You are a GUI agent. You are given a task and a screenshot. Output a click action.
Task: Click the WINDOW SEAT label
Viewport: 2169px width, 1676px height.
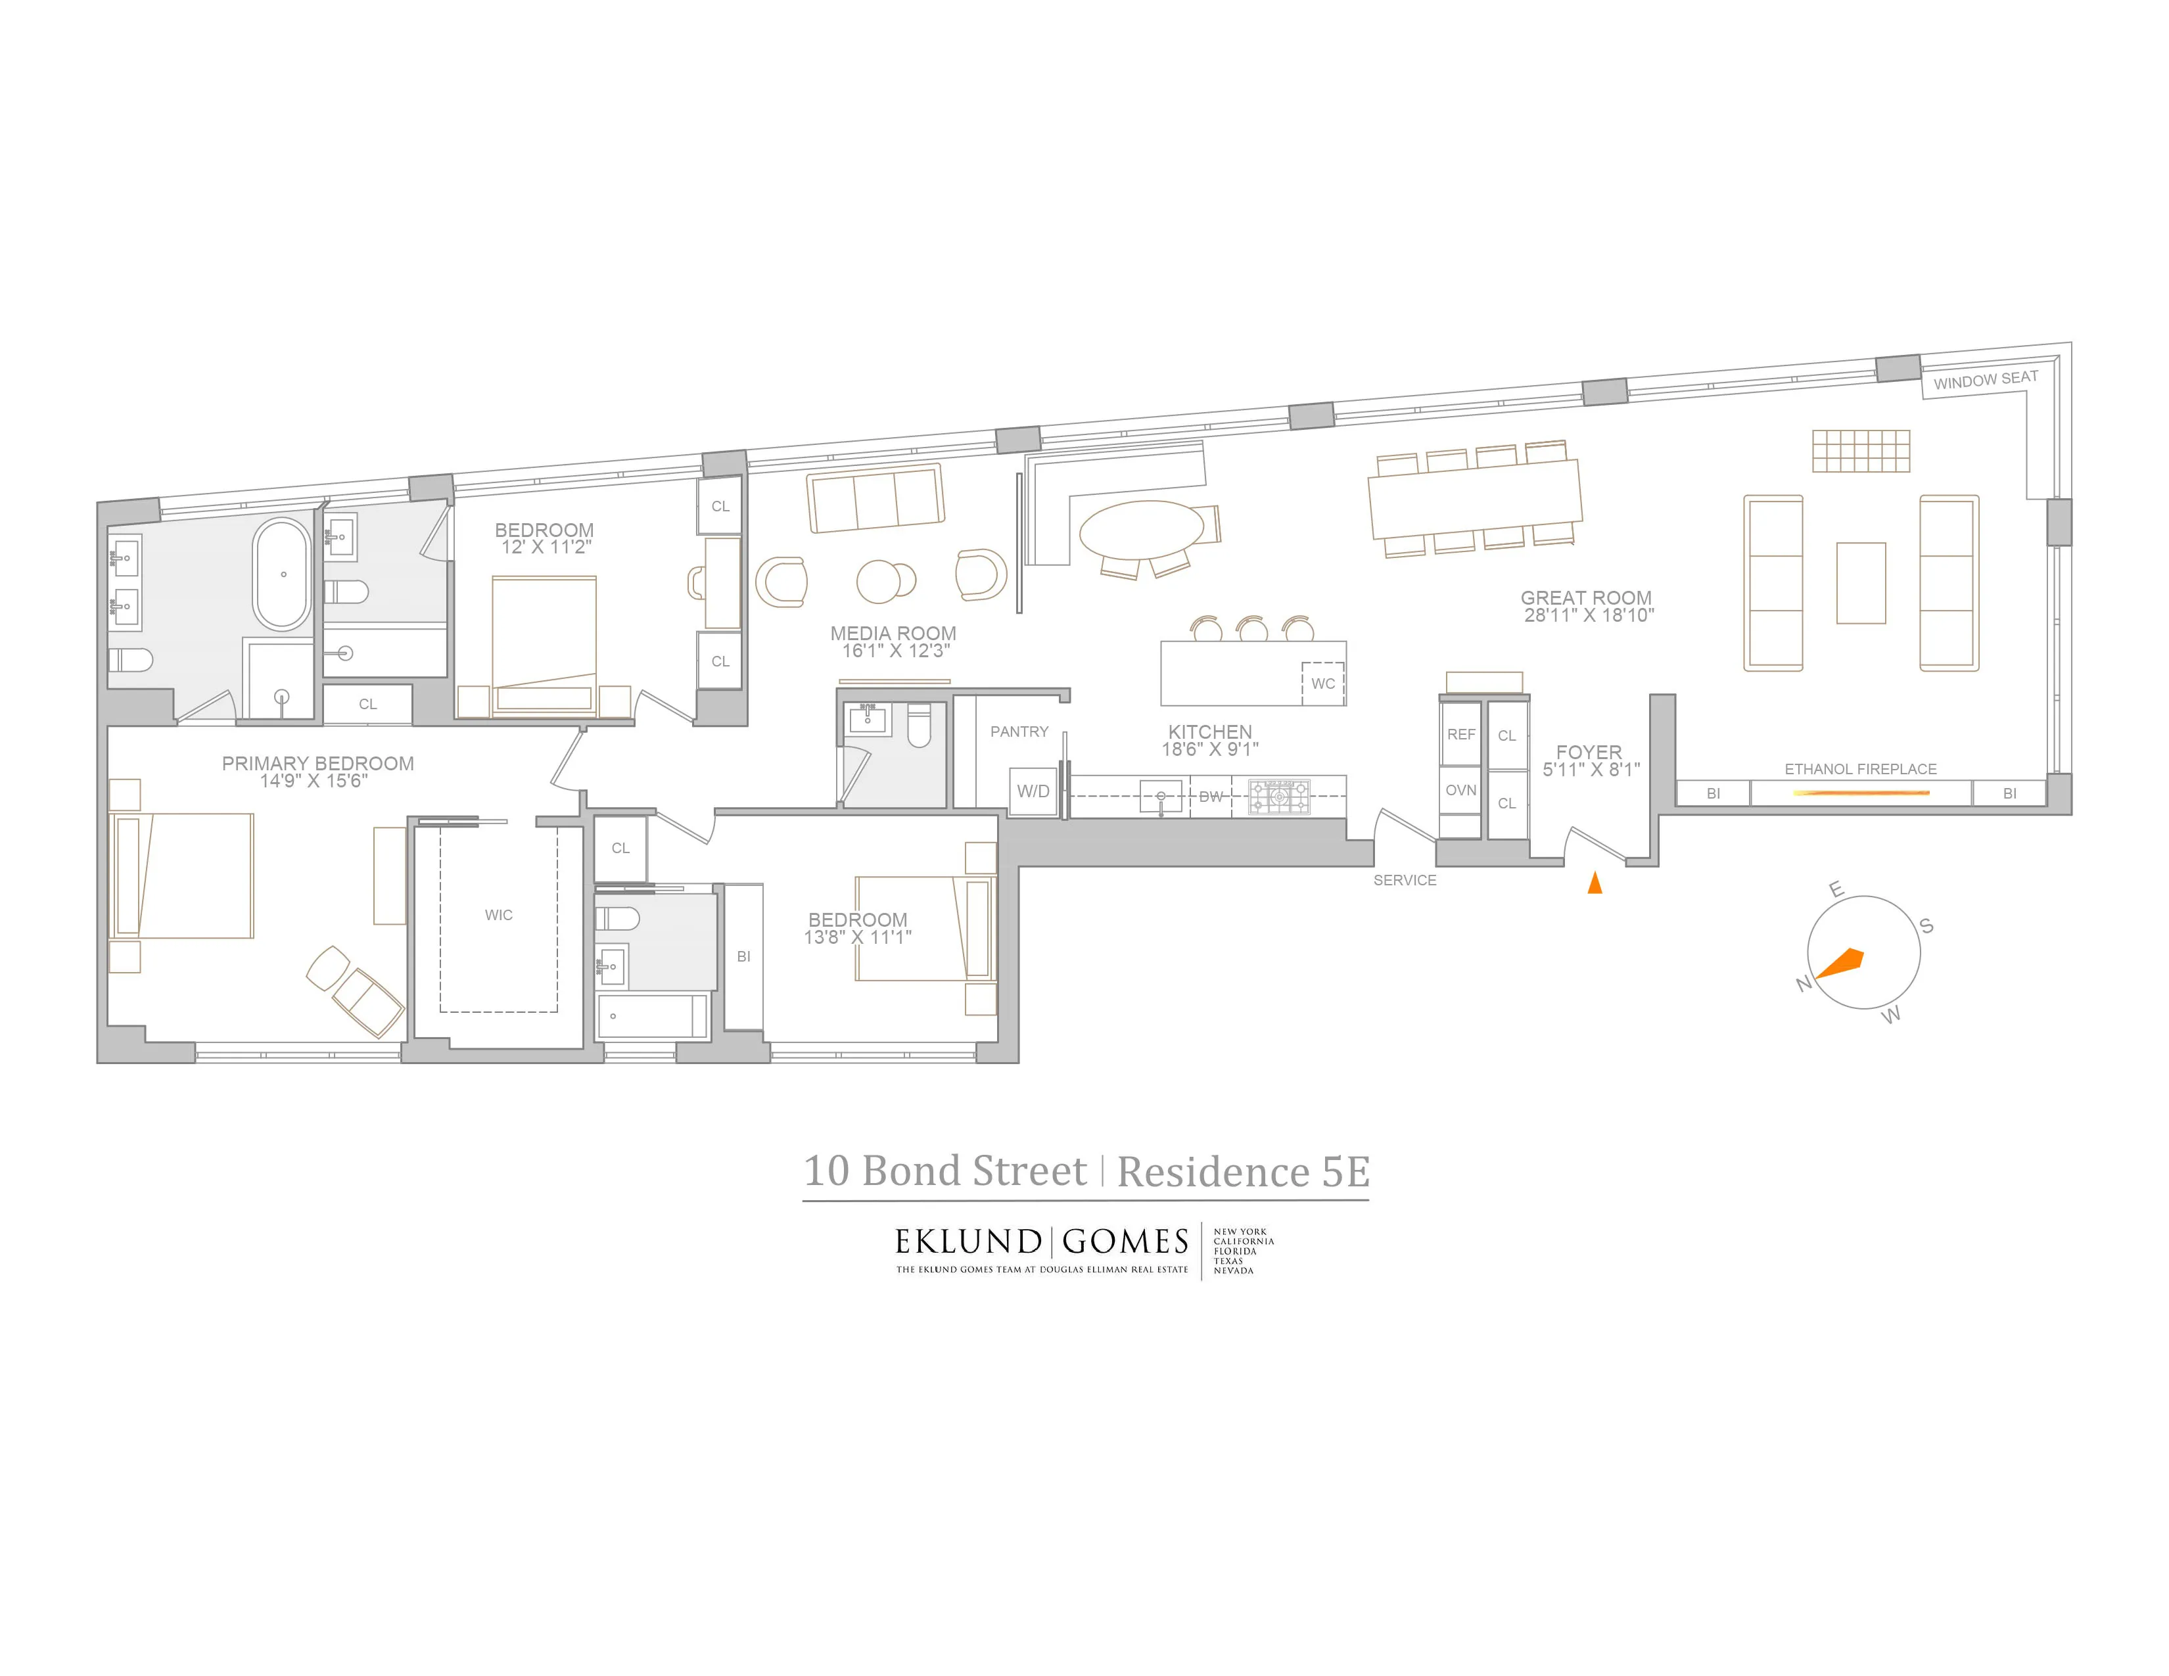click(1985, 379)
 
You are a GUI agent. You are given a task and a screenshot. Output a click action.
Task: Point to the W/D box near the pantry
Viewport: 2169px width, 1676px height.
click(1033, 791)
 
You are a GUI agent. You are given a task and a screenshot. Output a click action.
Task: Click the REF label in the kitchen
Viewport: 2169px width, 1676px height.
click(1461, 735)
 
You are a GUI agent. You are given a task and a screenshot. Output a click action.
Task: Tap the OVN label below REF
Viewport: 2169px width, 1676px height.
click(1461, 790)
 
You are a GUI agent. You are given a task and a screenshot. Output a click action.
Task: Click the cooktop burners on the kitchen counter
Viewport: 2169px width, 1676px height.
click(1279, 795)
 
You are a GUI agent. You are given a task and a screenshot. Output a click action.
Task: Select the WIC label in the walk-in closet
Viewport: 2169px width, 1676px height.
click(499, 914)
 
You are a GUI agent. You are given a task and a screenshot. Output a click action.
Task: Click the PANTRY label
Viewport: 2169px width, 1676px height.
click(1019, 732)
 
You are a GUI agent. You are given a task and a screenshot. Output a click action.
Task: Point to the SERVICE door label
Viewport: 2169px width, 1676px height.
click(1405, 879)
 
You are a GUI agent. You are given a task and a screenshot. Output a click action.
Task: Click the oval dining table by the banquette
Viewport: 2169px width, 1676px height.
click(1140, 530)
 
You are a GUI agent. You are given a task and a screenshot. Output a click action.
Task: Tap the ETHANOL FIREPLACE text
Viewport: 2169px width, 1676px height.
click(1860, 768)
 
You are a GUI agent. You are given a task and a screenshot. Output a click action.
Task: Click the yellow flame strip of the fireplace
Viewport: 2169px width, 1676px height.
click(1860, 793)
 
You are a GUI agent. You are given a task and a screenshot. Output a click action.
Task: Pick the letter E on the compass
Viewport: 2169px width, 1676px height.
click(1836, 890)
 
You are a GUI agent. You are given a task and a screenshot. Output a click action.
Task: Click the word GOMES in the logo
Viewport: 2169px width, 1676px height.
click(1125, 1242)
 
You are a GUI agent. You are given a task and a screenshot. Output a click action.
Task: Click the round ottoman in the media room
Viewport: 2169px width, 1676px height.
click(880, 581)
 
